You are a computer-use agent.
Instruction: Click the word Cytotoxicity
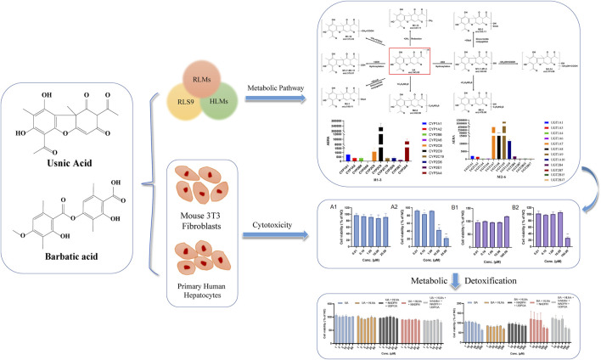[273, 225]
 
